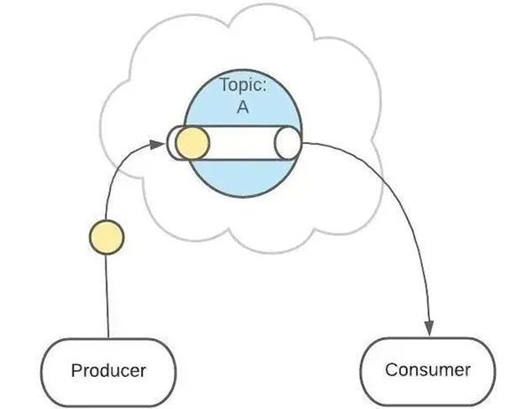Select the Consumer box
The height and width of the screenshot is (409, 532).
click(426, 369)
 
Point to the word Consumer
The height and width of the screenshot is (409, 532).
click(427, 369)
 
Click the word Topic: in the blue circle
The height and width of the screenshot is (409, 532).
click(241, 87)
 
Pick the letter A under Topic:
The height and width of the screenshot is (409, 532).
click(240, 108)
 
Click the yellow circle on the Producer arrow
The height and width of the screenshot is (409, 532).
click(107, 238)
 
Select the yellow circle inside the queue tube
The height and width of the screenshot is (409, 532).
click(192, 143)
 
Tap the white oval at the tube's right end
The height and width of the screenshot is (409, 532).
click(288, 143)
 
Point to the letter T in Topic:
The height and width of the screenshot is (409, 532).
click(223, 87)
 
